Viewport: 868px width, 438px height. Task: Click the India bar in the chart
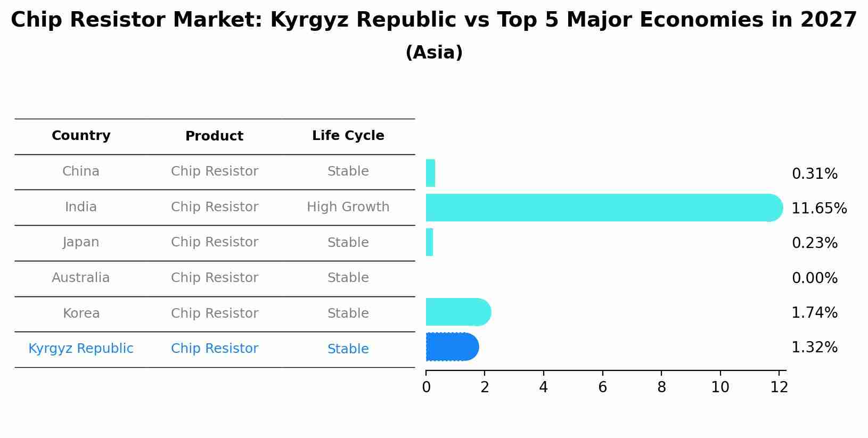(602, 208)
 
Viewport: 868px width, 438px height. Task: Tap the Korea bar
(457, 312)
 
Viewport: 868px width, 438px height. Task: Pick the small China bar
(430, 173)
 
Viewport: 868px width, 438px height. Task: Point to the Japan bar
(429, 242)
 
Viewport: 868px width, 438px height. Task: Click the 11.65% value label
(818, 208)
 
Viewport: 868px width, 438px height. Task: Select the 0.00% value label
(814, 278)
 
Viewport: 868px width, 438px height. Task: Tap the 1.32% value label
(814, 348)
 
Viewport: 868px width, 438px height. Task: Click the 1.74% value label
(814, 312)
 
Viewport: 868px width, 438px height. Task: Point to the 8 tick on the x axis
(661, 387)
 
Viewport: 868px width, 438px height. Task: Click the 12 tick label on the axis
(779, 387)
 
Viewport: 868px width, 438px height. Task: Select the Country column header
(81, 136)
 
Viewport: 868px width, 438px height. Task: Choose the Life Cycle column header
(348, 136)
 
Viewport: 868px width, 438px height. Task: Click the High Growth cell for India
(348, 207)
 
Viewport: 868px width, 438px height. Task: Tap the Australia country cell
(81, 278)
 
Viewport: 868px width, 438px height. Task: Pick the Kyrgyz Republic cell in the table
(81, 349)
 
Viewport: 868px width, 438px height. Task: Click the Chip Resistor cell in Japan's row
(215, 242)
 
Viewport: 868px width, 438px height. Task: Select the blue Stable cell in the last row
(348, 349)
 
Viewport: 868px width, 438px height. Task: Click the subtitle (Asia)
(434, 53)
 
